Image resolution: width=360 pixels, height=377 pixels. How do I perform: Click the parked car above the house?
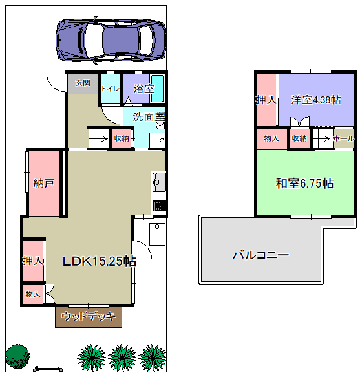(111, 40)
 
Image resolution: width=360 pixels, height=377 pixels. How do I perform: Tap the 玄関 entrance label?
(83, 83)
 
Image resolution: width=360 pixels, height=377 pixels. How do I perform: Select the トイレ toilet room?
(111, 89)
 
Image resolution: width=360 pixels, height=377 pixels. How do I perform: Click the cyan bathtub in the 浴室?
(158, 88)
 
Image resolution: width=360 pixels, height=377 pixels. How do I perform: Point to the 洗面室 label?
(149, 116)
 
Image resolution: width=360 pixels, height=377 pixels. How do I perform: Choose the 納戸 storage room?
(44, 183)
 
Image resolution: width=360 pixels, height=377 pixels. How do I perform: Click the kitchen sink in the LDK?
(159, 182)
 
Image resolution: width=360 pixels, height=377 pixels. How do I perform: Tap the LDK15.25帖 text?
(100, 261)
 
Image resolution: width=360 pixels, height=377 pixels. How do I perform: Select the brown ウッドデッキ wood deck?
(89, 317)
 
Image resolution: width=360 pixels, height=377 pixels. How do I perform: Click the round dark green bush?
(17, 356)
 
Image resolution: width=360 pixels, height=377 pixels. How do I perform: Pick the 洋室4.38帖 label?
(316, 100)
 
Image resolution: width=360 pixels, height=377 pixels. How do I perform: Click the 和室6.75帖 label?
(304, 183)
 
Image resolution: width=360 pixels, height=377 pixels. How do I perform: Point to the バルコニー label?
(260, 255)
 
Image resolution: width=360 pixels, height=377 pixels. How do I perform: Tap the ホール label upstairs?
(344, 138)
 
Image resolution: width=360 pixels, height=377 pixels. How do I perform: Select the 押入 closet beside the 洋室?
(266, 100)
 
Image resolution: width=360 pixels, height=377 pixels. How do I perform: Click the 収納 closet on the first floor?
(122, 138)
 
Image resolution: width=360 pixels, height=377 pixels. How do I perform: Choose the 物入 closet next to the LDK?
(33, 294)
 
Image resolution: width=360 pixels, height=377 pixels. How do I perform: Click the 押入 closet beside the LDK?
(33, 261)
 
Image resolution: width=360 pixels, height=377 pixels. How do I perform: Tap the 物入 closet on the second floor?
(272, 139)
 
